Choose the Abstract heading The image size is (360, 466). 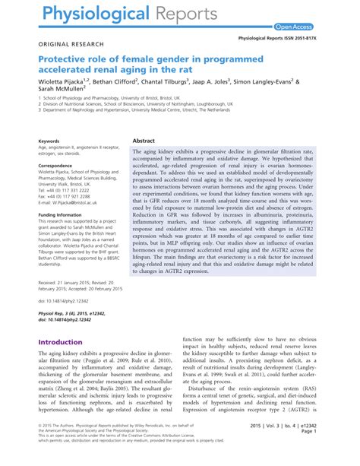144,141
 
